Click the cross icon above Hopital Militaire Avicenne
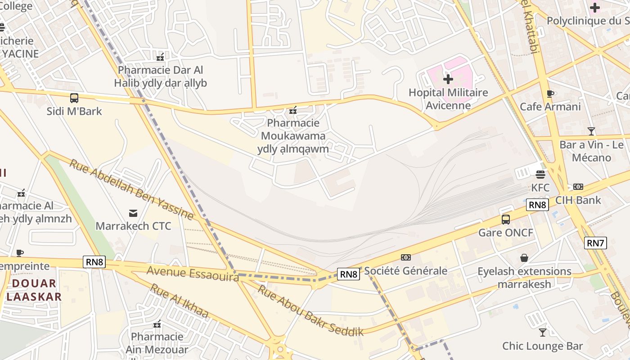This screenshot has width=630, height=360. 448,79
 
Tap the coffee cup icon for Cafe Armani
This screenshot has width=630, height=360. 549,94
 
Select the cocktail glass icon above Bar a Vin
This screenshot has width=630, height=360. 591,131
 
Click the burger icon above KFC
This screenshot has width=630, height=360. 540,174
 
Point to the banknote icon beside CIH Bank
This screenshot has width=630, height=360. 578,187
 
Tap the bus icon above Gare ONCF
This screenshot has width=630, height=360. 506,220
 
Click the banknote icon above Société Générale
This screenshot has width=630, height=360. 406,257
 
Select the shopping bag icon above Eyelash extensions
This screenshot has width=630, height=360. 524,258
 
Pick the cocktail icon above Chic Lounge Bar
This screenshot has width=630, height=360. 543,333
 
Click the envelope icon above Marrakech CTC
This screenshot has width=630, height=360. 133,213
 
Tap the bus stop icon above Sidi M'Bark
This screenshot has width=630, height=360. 74,98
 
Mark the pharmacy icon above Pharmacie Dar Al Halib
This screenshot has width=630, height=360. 160,57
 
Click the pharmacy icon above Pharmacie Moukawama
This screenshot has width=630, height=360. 293,109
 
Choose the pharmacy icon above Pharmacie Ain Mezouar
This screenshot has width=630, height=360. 157,324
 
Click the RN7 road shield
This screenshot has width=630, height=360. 596,243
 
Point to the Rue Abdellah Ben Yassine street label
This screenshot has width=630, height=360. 131,189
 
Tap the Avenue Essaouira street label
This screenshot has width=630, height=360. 193,273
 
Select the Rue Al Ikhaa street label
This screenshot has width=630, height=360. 179,301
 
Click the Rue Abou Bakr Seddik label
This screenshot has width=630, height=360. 310,310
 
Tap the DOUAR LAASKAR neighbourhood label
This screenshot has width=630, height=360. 34,290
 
